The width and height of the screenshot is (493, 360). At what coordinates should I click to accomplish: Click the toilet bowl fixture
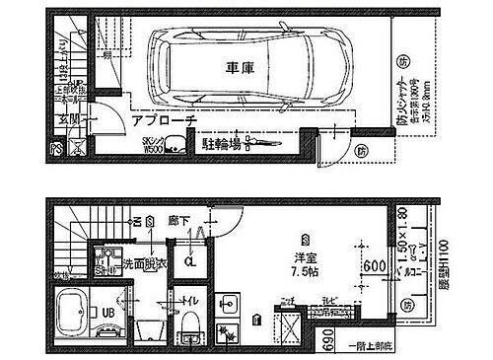click(x=190, y=322)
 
